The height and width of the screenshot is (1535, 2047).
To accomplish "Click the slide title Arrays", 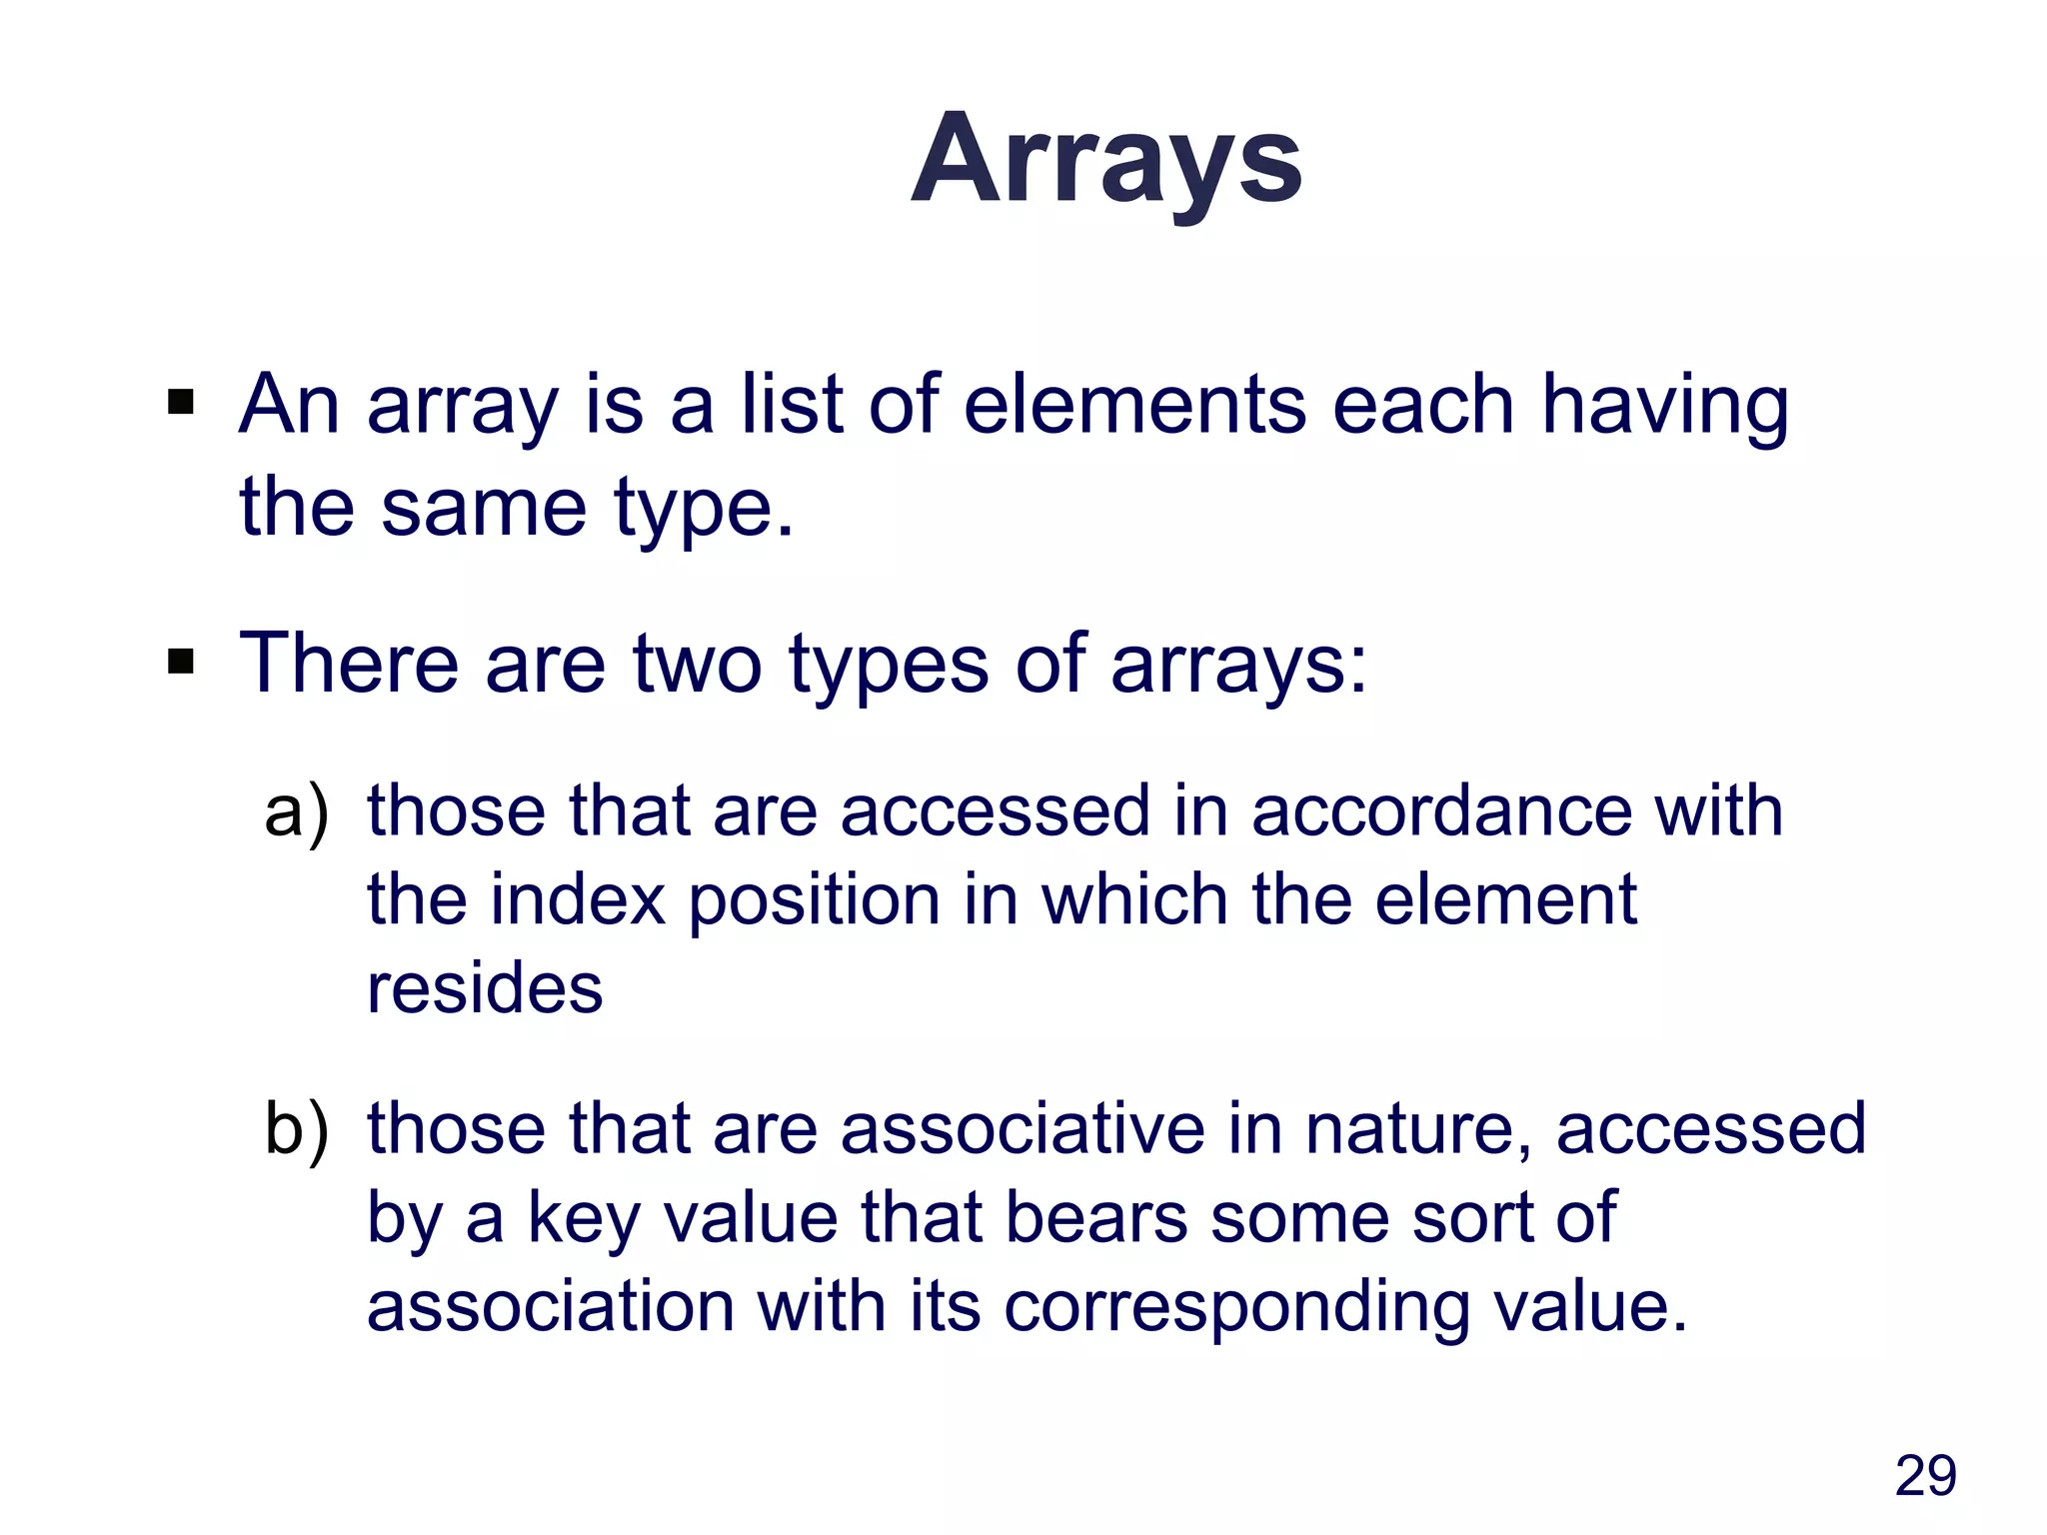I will [x=1106, y=160].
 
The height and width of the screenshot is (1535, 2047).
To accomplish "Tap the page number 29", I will [x=1925, y=1476].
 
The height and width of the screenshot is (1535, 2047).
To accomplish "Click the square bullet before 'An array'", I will [x=181, y=404].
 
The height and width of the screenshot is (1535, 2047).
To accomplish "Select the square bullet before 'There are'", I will [x=181, y=662].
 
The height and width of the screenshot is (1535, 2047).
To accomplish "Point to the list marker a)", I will [x=296, y=811].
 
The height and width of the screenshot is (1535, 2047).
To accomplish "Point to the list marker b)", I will [x=296, y=1129].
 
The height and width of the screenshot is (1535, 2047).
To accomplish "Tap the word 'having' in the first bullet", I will [x=1664, y=406].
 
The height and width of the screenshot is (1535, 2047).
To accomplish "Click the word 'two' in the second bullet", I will [x=698, y=664].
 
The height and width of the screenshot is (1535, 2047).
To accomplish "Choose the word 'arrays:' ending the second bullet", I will [x=1238, y=666].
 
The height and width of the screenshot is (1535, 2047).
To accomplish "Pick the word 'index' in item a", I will [x=578, y=899].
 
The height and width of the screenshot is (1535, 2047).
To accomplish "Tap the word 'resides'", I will [x=485, y=988].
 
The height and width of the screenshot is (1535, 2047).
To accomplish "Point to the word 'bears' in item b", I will [x=1095, y=1217].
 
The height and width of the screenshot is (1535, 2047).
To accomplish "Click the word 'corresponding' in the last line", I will [x=1236, y=1308].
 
